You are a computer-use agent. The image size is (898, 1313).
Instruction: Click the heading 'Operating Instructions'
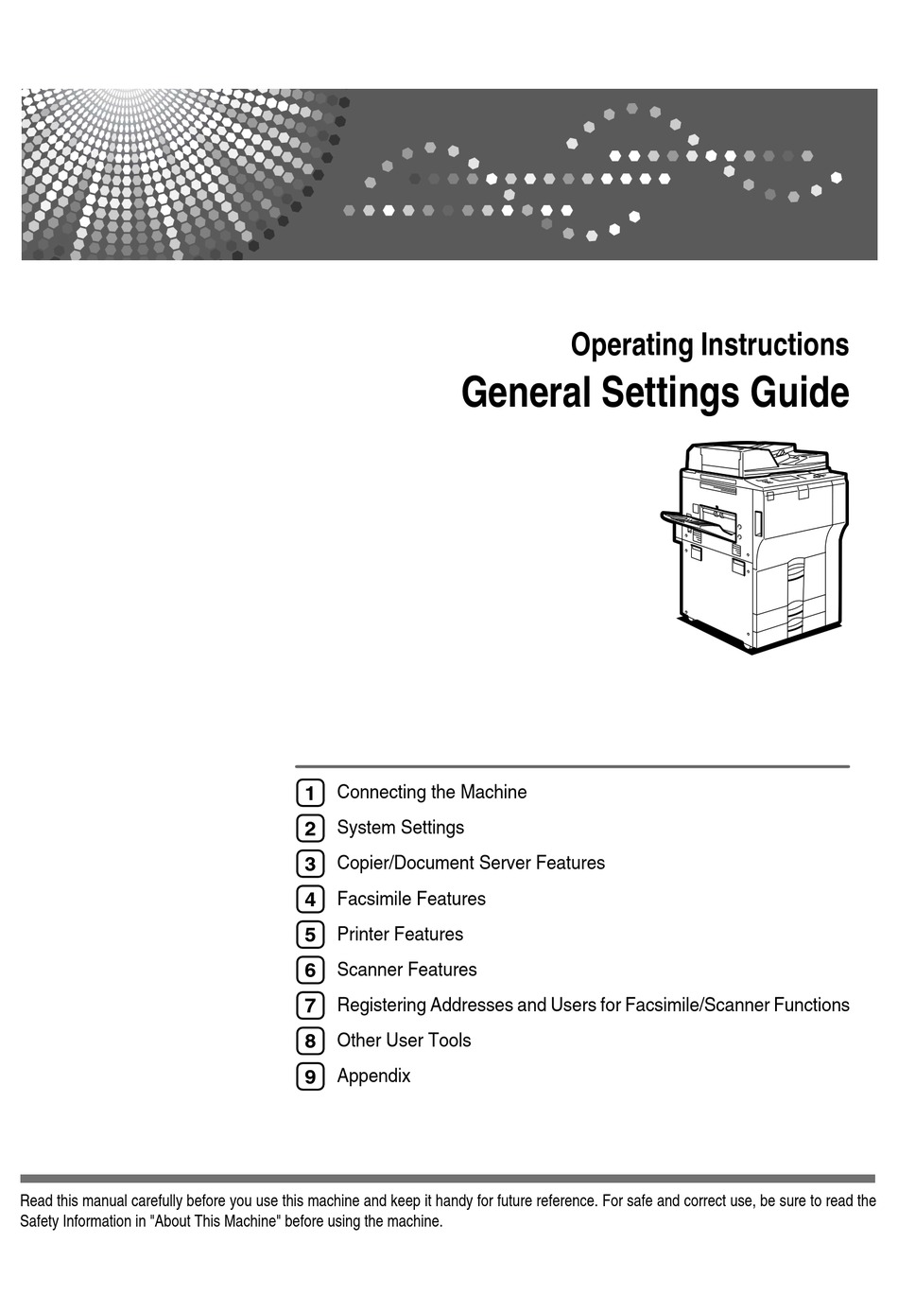[709, 345]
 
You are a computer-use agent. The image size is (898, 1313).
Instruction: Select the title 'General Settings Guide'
[654, 393]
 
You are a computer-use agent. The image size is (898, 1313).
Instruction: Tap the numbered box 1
[310, 793]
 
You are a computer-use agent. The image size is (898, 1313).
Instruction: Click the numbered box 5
[310, 935]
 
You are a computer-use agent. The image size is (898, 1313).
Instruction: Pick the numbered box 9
[310, 1077]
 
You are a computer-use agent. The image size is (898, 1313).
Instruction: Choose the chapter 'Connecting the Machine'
[432, 792]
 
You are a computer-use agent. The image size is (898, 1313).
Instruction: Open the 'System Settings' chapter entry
[401, 828]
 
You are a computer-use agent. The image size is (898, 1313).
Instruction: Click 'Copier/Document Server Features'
[471, 863]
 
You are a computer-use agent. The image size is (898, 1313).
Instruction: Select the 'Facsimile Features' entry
[411, 899]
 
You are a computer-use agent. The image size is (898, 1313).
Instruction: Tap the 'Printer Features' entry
[400, 935]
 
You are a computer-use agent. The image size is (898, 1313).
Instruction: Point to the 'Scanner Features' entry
[406, 970]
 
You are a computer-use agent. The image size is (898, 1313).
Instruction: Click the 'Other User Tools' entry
[404, 1041]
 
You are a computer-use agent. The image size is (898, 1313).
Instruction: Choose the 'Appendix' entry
[373, 1077]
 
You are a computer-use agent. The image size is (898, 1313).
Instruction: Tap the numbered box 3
[310, 864]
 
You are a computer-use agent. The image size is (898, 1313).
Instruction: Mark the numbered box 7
[310, 1006]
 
